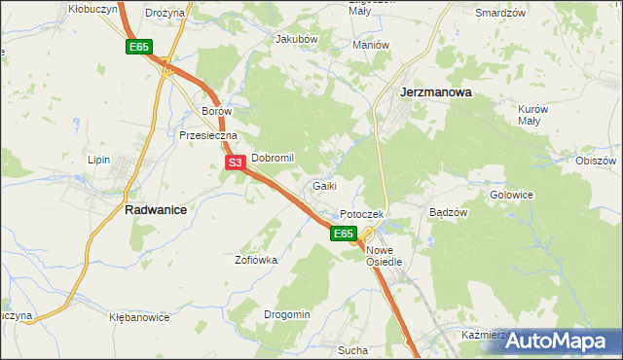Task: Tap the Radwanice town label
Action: coord(156,209)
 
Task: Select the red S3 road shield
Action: coord(235,163)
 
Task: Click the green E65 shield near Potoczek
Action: coord(343,234)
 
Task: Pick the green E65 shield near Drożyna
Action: coord(137,47)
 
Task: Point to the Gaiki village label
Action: coord(325,185)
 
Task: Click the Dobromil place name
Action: coord(273,158)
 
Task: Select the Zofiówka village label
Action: coord(256,260)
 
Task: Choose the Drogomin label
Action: coord(287,314)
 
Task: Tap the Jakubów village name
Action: coord(297,39)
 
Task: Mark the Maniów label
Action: coord(371,45)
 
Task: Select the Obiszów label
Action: coord(598,161)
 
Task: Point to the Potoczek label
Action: coord(363,214)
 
